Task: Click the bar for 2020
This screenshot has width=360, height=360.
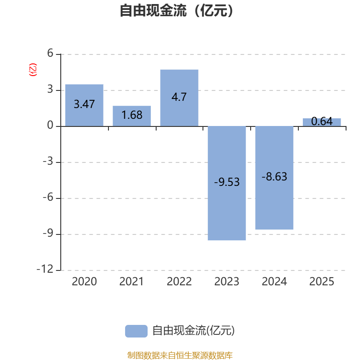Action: [x=84, y=105]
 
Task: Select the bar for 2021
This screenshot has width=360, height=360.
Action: [x=132, y=116]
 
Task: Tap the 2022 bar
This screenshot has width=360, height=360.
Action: [x=179, y=98]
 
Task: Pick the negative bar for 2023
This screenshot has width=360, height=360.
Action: [x=227, y=183]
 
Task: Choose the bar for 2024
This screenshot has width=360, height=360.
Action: [x=274, y=178]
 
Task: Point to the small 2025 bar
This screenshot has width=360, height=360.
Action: [x=322, y=122]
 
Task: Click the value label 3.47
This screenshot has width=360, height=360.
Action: [x=84, y=104]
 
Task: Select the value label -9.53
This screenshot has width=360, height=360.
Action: [x=227, y=182]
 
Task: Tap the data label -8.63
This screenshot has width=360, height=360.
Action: [x=274, y=177]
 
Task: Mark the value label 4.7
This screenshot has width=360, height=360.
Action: [x=179, y=97]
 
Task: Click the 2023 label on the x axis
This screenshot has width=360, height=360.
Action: [x=227, y=282]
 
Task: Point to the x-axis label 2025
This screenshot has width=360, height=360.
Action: [x=322, y=282]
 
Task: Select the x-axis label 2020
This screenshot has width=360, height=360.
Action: [x=84, y=282]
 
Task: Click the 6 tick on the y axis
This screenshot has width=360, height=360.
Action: [x=50, y=54]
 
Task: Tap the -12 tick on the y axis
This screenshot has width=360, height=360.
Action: [x=47, y=270]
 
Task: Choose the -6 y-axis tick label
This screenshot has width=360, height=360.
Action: [x=48, y=198]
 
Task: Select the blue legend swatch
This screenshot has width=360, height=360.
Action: [x=136, y=331]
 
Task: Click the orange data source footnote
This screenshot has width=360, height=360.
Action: [x=180, y=355]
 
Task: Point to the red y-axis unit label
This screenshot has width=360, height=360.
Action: [x=32, y=70]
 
